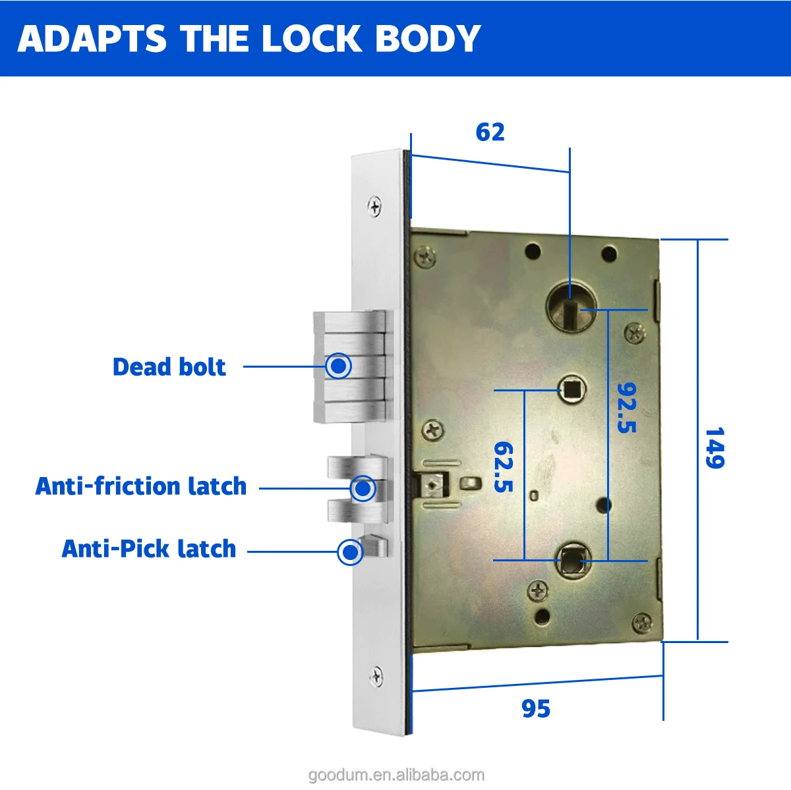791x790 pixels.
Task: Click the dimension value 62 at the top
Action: point(490,132)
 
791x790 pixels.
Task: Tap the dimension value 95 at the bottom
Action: point(535,708)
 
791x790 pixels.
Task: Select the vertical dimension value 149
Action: point(715,448)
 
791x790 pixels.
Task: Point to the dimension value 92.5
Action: point(626,407)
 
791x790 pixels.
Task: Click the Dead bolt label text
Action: point(169,367)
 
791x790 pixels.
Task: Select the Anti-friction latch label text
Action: point(140,486)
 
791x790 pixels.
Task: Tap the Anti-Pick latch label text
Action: point(148,549)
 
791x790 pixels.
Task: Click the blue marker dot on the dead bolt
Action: point(339,366)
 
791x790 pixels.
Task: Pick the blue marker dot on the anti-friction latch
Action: point(363,489)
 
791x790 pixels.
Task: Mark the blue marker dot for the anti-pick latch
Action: point(350,552)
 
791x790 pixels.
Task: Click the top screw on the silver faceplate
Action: point(375,207)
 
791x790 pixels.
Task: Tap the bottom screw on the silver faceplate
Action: point(376,676)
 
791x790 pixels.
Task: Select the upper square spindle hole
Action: point(571,389)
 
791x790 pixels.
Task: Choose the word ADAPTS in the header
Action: point(92,39)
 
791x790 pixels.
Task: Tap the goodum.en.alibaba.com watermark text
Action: point(395,775)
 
